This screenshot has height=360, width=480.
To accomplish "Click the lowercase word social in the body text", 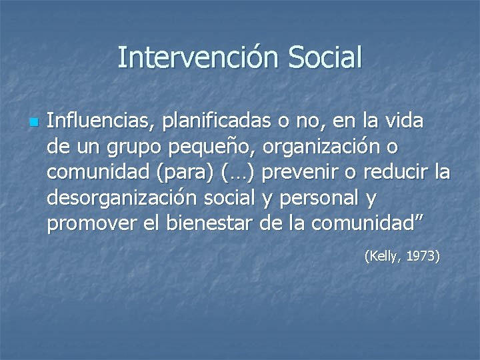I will (227, 198).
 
